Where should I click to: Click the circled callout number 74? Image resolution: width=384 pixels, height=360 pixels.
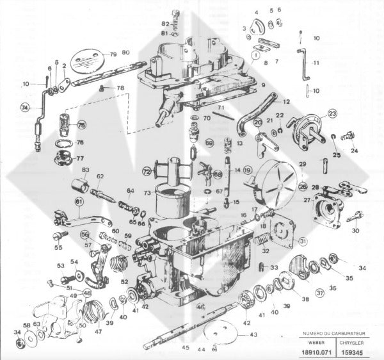point(25,107)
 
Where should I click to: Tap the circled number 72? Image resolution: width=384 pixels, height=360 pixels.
point(147,171)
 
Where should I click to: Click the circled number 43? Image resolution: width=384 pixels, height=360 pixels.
point(252,335)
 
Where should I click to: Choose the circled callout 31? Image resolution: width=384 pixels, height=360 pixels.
point(303,241)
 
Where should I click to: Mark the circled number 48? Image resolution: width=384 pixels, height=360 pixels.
point(87,293)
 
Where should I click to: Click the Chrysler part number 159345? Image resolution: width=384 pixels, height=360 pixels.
point(359,352)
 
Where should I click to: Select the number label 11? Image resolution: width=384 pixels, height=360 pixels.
point(316,63)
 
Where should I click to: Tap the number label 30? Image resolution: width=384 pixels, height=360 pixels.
point(356,231)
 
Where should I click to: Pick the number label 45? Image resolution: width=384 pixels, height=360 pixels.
point(186,348)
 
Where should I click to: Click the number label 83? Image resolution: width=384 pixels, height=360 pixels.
point(85,169)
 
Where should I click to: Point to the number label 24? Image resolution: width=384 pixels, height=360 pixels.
point(354,151)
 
